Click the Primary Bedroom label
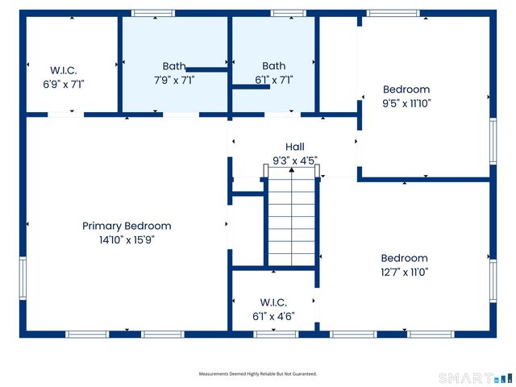127,226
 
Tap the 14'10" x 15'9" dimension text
127,240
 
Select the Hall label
295,147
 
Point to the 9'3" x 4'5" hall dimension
295,160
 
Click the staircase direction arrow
292,216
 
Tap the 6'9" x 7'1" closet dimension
64,85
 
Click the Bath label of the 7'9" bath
174,66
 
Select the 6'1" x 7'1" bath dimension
274,80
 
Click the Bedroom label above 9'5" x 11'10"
406,89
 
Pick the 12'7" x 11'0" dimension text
405,273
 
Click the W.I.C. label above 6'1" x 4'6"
273,302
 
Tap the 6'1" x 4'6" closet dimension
273,317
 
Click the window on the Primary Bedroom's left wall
23,278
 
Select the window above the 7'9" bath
153,13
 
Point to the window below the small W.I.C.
276,335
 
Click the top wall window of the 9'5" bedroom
393,13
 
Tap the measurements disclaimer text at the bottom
258,374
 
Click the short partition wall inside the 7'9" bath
207,69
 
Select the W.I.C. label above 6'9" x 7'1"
64,70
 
